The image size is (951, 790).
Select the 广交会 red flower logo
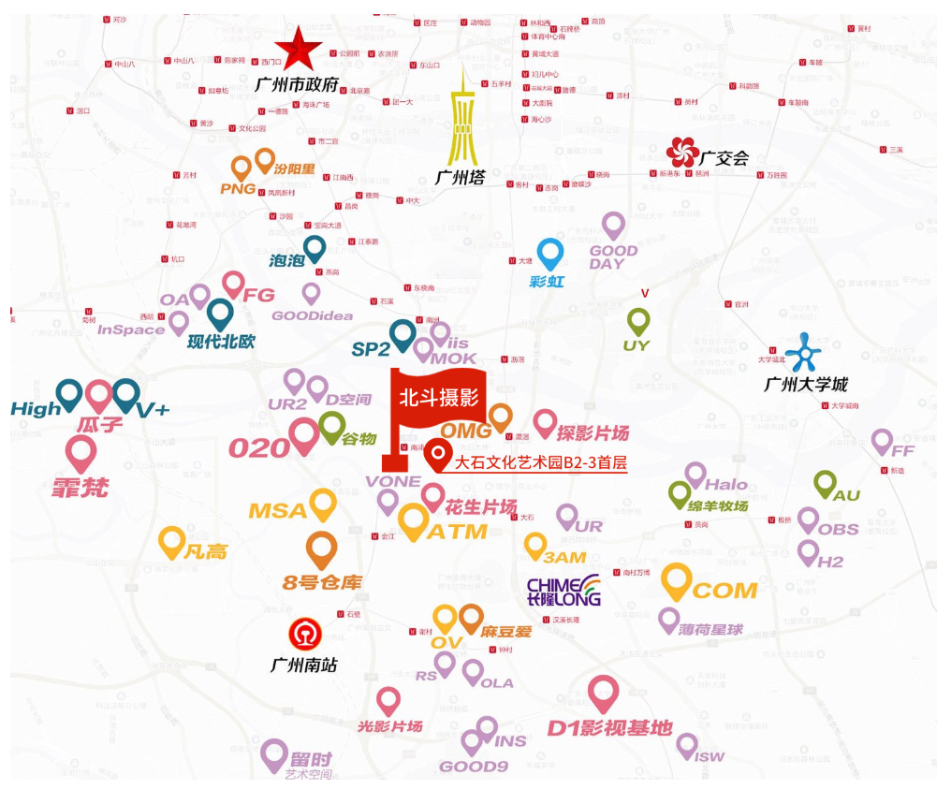(682, 152)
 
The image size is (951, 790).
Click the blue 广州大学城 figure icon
(801, 352)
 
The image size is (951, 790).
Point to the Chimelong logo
(563, 589)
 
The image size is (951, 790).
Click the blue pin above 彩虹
(549, 254)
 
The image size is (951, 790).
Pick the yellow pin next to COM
(676, 581)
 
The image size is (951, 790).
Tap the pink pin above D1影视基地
(605, 694)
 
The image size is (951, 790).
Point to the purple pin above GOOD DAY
(613, 225)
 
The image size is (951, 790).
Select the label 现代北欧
(221, 342)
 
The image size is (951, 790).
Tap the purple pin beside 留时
(274, 754)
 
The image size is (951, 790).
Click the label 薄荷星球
(711, 630)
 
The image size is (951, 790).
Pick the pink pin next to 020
(304, 435)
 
